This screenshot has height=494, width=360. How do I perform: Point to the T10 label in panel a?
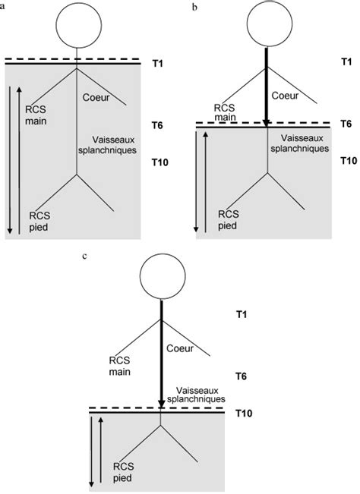pyautogui.click(x=159, y=162)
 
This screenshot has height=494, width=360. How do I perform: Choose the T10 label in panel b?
pyautogui.click(x=348, y=161)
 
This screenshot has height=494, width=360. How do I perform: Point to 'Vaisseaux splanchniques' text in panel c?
pyautogui.click(x=199, y=392)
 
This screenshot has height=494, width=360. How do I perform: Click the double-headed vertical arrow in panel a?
pyautogui.click(x=9, y=159)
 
